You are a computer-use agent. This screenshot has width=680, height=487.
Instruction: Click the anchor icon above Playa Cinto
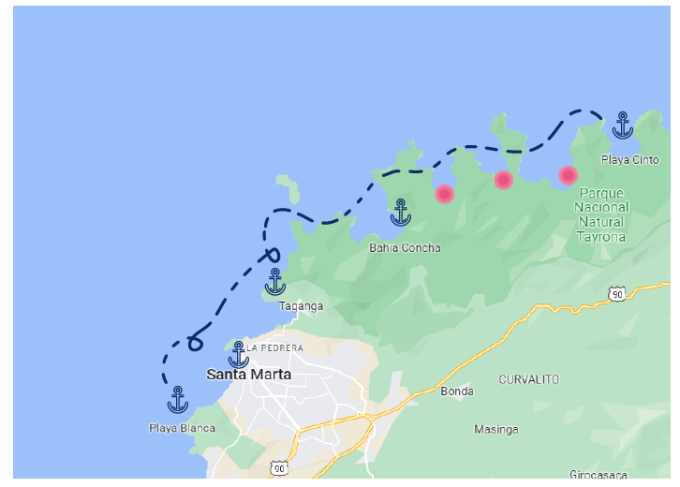click(x=623, y=125)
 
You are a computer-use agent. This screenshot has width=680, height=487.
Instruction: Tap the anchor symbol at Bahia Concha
click(x=401, y=213)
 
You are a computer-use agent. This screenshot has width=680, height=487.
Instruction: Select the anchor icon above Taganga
click(x=275, y=282)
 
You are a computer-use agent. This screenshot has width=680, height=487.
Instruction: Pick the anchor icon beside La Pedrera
click(x=239, y=355)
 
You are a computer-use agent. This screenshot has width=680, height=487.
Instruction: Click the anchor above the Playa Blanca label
click(x=178, y=400)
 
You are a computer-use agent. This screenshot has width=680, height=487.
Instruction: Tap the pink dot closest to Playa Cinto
click(x=568, y=175)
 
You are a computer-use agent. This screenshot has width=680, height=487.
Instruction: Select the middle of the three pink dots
click(x=504, y=180)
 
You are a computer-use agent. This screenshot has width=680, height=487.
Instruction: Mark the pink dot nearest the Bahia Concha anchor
click(x=445, y=194)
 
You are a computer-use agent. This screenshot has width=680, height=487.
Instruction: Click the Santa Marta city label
click(x=248, y=375)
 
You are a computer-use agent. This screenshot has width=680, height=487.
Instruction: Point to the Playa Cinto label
click(x=629, y=159)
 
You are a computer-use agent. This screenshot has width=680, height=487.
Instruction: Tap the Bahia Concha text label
click(x=405, y=248)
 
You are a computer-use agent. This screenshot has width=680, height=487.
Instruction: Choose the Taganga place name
click(x=302, y=306)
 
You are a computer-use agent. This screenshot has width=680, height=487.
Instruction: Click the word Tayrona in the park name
click(x=601, y=237)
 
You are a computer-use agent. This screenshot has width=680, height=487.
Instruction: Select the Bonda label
click(x=457, y=391)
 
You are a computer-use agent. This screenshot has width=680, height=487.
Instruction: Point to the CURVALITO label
click(x=529, y=379)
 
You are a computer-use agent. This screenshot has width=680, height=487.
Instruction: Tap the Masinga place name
click(x=496, y=430)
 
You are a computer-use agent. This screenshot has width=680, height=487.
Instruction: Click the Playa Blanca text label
click(x=182, y=429)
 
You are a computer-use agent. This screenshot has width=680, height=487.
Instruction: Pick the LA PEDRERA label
click(x=275, y=348)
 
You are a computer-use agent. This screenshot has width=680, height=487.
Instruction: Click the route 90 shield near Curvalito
click(x=616, y=294)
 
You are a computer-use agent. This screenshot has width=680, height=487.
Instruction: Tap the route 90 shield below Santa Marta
click(x=279, y=466)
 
